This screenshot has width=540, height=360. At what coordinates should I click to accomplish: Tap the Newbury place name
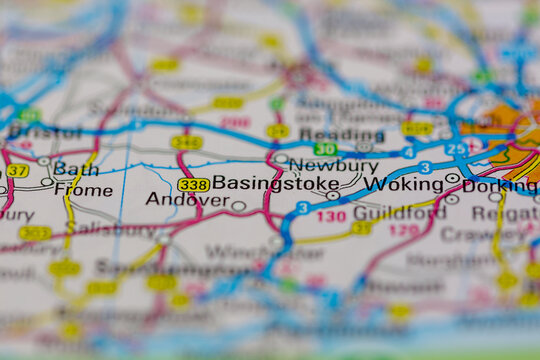click(333, 166)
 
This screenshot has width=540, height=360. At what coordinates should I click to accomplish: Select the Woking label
click(403, 184)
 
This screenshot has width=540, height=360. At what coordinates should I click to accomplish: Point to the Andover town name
click(187, 199)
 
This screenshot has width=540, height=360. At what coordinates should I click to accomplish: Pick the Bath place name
click(76, 168)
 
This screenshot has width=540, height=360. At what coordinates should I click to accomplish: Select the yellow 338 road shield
click(193, 184)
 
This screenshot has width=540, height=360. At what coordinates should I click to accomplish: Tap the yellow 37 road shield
click(17, 170)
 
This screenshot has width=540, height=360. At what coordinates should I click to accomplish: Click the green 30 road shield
click(325, 149)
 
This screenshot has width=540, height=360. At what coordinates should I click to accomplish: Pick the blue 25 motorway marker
click(456, 149)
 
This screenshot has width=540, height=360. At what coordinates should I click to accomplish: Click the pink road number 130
click(332, 216)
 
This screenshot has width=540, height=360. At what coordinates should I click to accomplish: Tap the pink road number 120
click(404, 230)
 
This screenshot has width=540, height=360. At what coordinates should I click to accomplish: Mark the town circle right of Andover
click(238, 206)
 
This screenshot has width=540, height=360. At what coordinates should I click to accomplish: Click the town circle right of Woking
click(452, 178)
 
